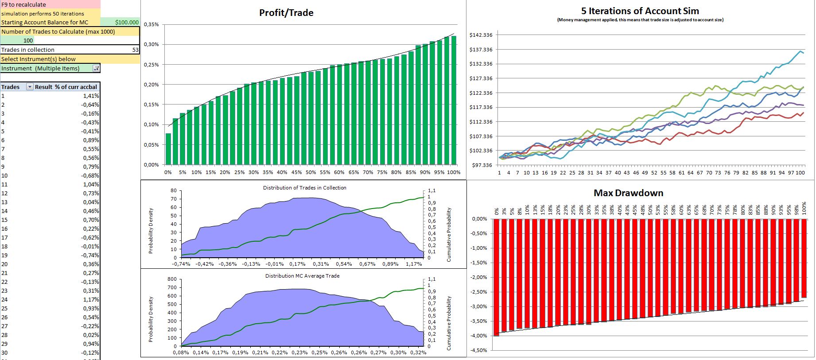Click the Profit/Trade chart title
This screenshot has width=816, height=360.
(x=286, y=13)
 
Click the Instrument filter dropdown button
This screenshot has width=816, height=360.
(x=96, y=68)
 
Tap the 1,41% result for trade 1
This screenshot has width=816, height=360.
(x=91, y=96)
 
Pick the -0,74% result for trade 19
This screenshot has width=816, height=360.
(x=90, y=255)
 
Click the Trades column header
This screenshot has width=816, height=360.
(x=11, y=87)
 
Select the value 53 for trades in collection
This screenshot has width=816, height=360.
(x=136, y=50)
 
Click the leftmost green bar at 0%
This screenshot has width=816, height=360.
(x=168, y=149)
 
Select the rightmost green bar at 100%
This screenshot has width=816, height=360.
(x=454, y=101)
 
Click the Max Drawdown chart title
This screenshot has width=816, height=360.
(x=628, y=193)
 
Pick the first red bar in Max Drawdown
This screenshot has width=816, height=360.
(x=497, y=277)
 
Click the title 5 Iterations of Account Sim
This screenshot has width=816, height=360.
(x=640, y=11)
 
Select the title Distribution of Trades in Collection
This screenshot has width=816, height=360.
(x=305, y=188)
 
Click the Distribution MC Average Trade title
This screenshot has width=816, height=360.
(x=303, y=276)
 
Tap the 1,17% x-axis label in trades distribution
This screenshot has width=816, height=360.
(x=414, y=264)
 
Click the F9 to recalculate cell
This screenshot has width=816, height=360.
(x=24, y=4)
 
